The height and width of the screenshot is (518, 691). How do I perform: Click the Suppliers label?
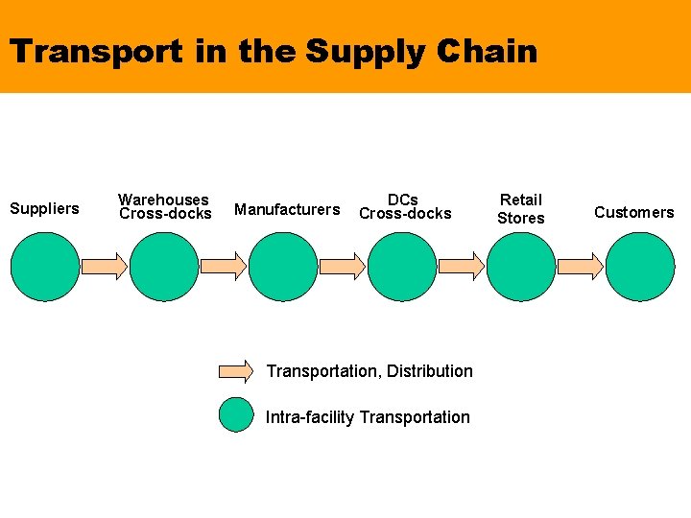[x=44, y=208]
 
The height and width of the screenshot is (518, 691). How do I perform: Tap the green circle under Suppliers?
[x=44, y=266]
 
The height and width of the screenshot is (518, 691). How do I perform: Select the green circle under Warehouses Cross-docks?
[x=163, y=266]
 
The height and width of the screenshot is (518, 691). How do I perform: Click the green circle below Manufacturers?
[x=283, y=266]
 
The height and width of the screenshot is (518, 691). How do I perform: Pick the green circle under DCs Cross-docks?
[x=402, y=266]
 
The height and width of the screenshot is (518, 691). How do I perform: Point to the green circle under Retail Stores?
[x=521, y=266]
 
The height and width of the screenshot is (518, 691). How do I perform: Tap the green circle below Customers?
[x=641, y=266]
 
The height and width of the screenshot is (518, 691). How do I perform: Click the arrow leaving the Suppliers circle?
[x=104, y=266]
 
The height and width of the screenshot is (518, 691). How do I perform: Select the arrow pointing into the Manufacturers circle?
[x=223, y=266]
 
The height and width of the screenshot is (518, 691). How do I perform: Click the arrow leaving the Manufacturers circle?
[x=343, y=266]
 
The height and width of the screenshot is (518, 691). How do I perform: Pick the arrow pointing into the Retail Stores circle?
[x=462, y=266]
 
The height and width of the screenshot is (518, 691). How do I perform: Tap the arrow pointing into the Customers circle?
[x=581, y=266]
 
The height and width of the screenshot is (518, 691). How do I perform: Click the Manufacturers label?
[x=287, y=209]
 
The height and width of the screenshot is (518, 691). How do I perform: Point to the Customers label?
[x=633, y=212]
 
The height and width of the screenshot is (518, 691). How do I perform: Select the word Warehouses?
[x=163, y=200]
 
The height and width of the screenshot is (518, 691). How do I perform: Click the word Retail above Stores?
[x=521, y=200]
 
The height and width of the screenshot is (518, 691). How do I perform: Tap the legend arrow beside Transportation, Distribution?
[x=236, y=370]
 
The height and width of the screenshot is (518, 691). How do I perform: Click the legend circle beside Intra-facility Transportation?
[x=235, y=415]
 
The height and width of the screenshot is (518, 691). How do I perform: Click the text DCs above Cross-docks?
[x=403, y=200]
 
